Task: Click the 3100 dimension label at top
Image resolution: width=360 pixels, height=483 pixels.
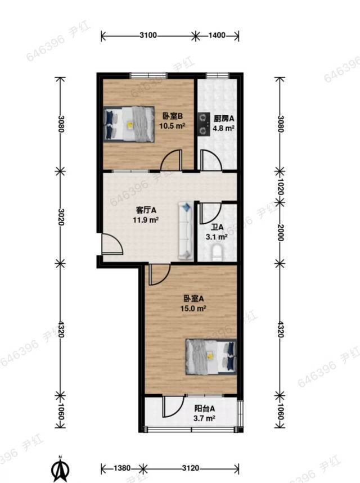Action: click(x=148, y=35)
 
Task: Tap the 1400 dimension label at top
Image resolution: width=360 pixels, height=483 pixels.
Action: click(x=217, y=35)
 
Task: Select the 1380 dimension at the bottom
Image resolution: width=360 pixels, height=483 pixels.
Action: click(x=121, y=468)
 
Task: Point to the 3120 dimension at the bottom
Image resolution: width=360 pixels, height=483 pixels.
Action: click(x=191, y=468)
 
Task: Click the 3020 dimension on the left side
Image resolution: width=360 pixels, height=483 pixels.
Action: click(x=61, y=217)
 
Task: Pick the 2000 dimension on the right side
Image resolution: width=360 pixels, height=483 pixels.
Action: click(x=281, y=233)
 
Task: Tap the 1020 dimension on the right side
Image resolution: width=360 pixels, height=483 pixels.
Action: click(x=281, y=187)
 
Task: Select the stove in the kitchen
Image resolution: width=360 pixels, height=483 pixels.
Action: click(x=203, y=124)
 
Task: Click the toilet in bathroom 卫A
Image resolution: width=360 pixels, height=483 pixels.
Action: click(x=217, y=253)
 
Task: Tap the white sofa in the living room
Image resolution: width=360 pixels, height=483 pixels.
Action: click(x=186, y=231)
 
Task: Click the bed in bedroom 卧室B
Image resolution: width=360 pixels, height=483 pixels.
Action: click(x=129, y=124)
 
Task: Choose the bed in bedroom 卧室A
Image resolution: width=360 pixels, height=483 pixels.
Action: click(x=211, y=356)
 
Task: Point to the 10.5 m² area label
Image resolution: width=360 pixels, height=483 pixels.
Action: click(x=172, y=126)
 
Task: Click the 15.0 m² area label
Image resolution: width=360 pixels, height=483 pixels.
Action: click(x=193, y=308)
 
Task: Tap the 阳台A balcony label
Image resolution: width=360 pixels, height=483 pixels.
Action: click(x=204, y=409)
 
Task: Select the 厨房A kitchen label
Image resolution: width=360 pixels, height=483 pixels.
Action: click(x=224, y=118)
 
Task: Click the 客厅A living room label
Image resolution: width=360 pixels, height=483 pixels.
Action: click(x=146, y=210)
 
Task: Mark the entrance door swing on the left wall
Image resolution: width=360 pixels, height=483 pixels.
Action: click(x=112, y=244)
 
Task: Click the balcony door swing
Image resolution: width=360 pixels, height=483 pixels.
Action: click(x=174, y=406)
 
